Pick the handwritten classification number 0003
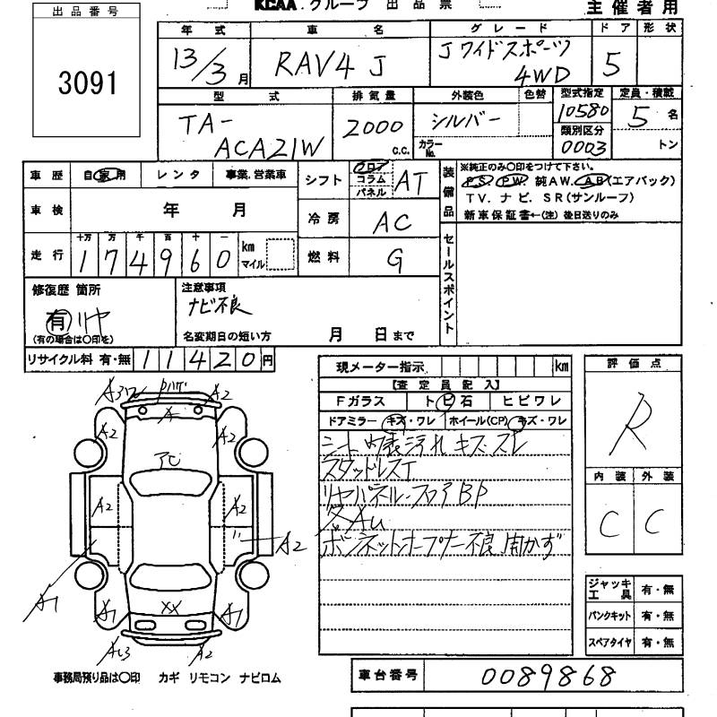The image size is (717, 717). [583, 146]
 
